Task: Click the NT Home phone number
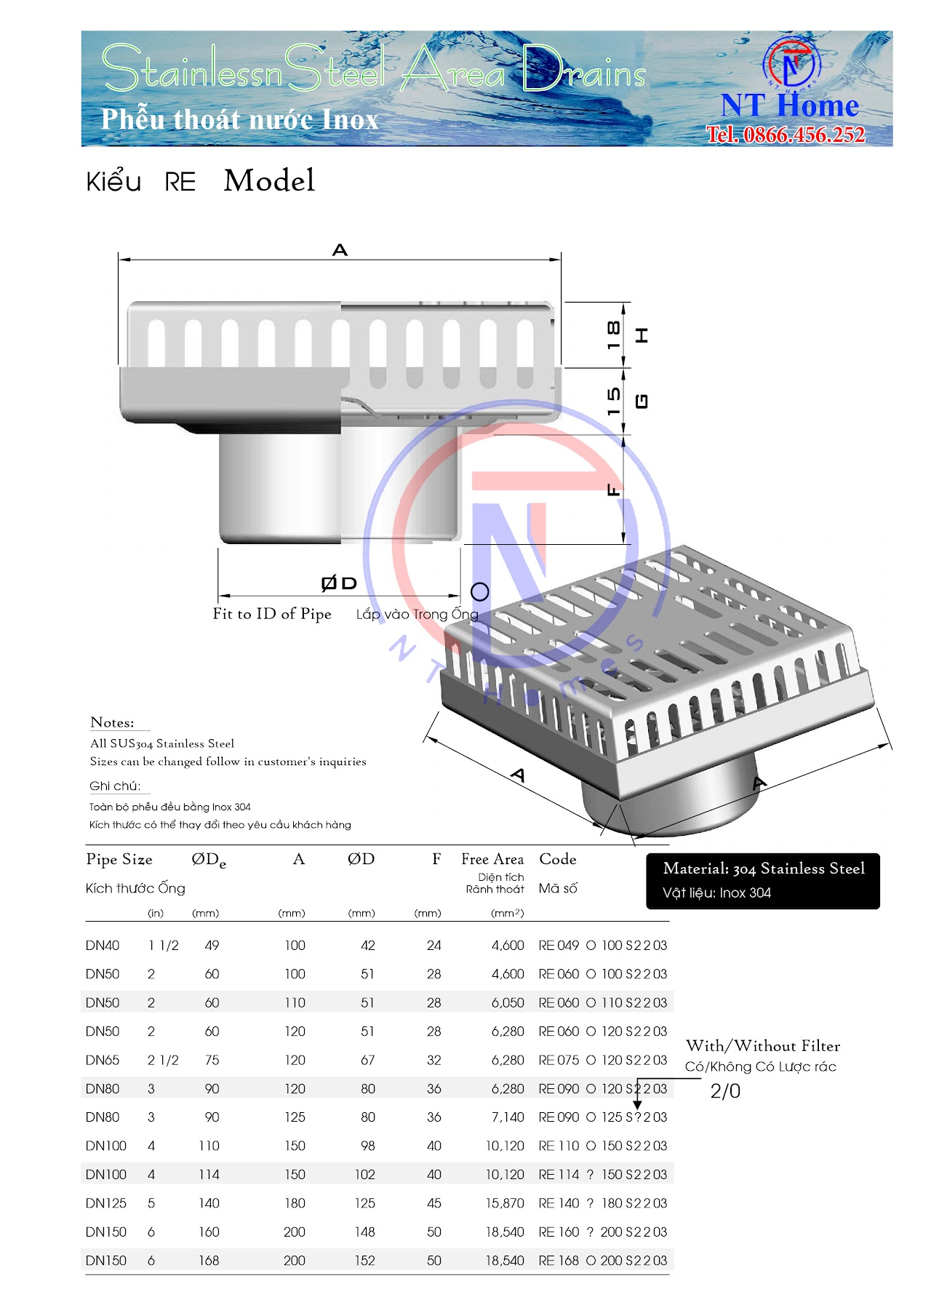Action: [786, 135]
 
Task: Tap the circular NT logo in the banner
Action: [791, 64]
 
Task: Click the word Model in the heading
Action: [269, 180]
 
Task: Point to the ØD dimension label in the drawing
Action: [339, 583]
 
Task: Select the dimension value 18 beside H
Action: [614, 334]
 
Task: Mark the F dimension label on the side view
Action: [614, 490]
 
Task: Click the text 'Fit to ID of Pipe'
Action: [272, 614]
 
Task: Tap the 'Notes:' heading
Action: [112, 722]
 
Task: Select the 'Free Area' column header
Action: [492, 859]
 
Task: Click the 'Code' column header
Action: [558, 859]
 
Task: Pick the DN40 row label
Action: [103, 946]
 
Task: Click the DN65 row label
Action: [103, 1060]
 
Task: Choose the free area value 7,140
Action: [508, 1117]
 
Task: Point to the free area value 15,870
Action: [505, 1203]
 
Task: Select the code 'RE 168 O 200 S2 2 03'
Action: [602, 1261]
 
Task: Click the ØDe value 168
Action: [209, 1261]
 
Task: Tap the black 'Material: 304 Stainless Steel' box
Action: [763, 881]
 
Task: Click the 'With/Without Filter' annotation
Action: [763, 1046]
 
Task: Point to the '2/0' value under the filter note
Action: [725, 1091]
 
